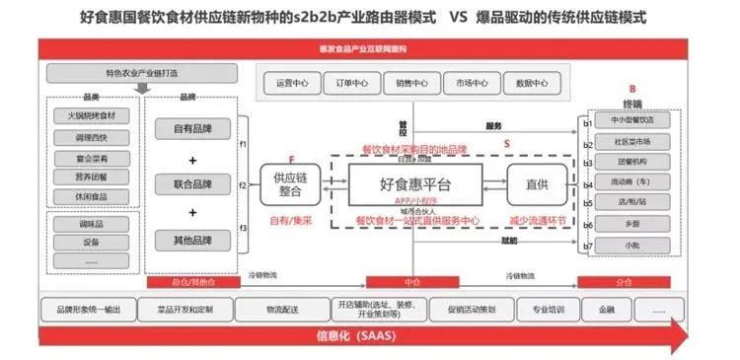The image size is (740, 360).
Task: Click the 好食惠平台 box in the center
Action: pos(415,184)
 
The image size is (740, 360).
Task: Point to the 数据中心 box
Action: pos(532,84)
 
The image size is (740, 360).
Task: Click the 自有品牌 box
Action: pos(192,130)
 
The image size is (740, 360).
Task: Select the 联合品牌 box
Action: pos(192,184)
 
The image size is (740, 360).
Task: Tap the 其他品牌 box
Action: pos(192,239)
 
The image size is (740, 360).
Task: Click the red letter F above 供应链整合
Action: pos(291,158)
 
